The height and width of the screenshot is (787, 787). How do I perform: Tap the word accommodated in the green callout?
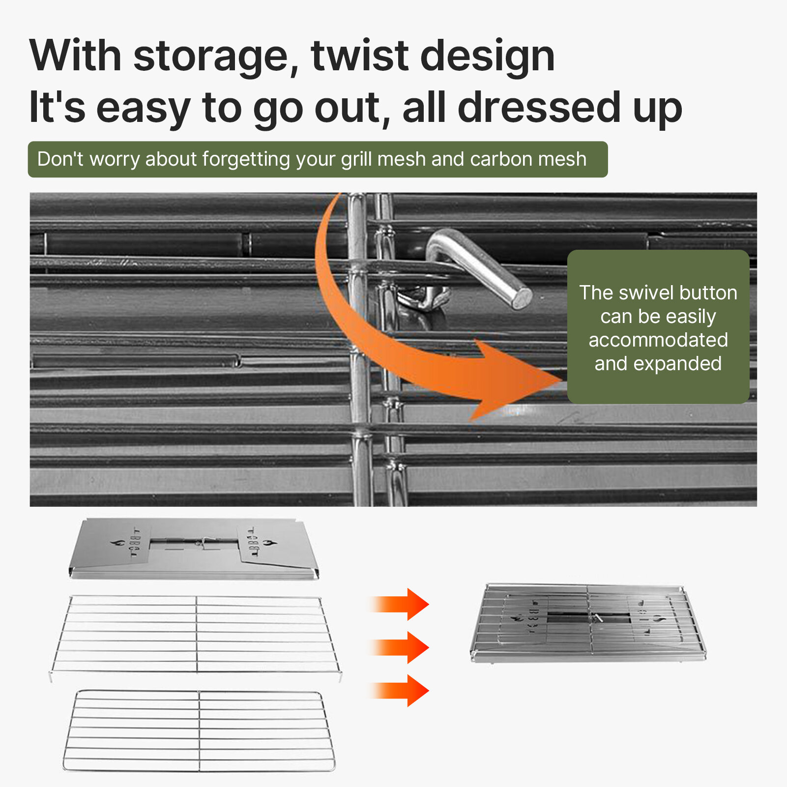tap(658, 340)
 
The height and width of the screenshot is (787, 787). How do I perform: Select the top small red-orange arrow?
tap(399, 604)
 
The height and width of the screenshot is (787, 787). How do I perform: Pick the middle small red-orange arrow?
tap(399, 647)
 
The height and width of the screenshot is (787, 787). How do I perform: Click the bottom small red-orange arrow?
tap(399, 691)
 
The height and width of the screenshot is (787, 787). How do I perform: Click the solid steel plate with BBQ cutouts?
tap(194, 548)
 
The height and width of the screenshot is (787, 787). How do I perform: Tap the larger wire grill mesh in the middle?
tap(196, 635)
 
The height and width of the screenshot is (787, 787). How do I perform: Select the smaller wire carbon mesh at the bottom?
tap(199, 730)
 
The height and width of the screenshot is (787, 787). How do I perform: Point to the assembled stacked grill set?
tap(588, 622)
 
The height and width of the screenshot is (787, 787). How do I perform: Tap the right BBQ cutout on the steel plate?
tap(257, 543)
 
